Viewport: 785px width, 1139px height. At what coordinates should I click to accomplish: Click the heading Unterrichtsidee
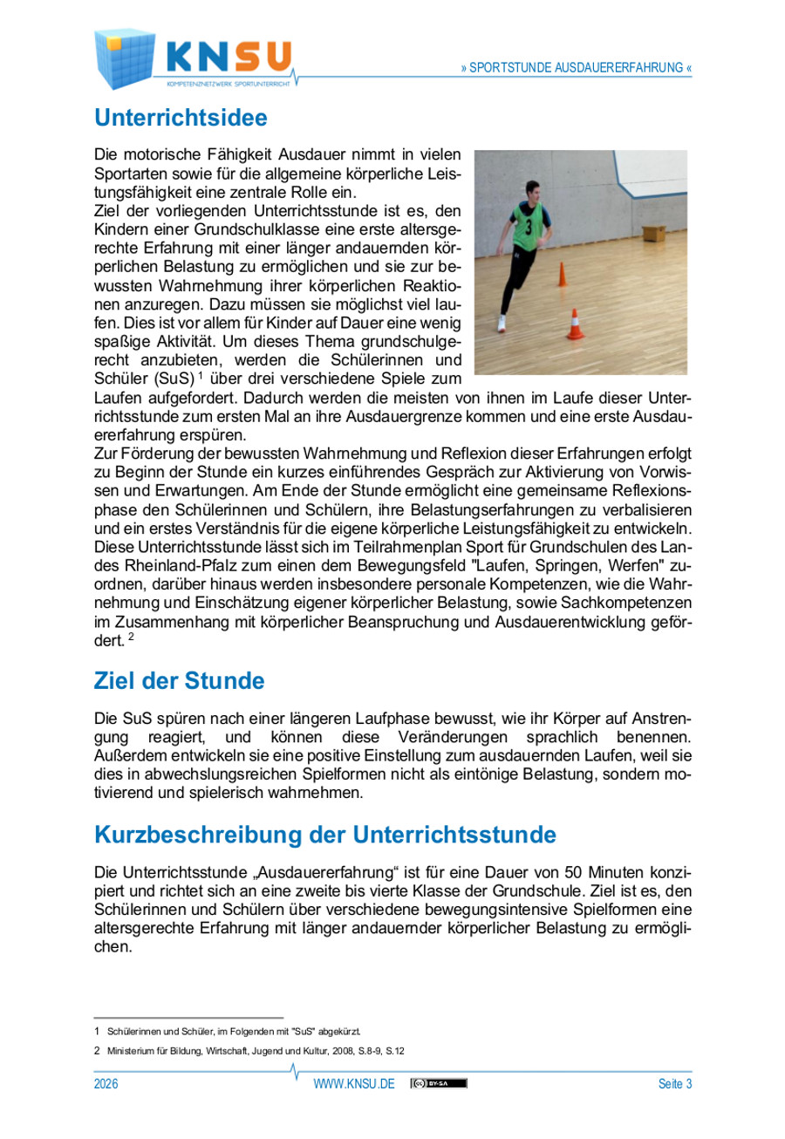tap(181, 116)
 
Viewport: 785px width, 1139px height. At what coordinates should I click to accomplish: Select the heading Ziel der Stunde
tap(179, 679)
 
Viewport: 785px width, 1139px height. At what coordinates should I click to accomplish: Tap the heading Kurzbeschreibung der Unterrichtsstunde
tap(324, 835)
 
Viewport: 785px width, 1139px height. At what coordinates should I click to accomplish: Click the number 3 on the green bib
tap(528, 224)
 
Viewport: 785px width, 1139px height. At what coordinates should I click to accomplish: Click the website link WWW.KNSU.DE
tap(354, 1084)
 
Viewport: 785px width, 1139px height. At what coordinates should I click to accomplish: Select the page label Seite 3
tap(675, 1084)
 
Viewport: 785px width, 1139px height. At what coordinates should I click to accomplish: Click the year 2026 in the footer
tap(106, 1084)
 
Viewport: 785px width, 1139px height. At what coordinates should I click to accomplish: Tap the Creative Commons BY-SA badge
tap(440, 1084)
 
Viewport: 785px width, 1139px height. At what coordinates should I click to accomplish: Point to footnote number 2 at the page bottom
tap(97, 1051)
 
